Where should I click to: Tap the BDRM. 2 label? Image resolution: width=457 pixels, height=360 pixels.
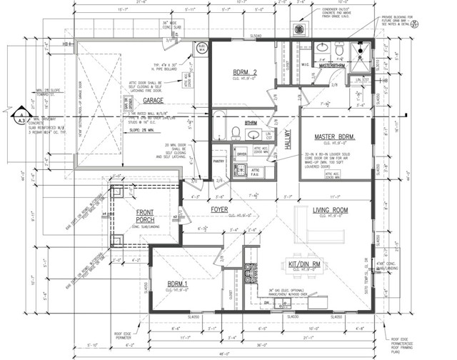pos(248,73)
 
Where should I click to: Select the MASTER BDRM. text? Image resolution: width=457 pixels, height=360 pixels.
pos(335,136)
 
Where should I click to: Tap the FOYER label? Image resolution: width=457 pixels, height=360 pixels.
pos(220,209)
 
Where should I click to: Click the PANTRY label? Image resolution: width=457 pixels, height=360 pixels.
pos(219,162)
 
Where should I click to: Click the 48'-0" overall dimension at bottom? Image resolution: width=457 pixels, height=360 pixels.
pos(226,354)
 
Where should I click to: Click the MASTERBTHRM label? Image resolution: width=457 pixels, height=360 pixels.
pos(333,66)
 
